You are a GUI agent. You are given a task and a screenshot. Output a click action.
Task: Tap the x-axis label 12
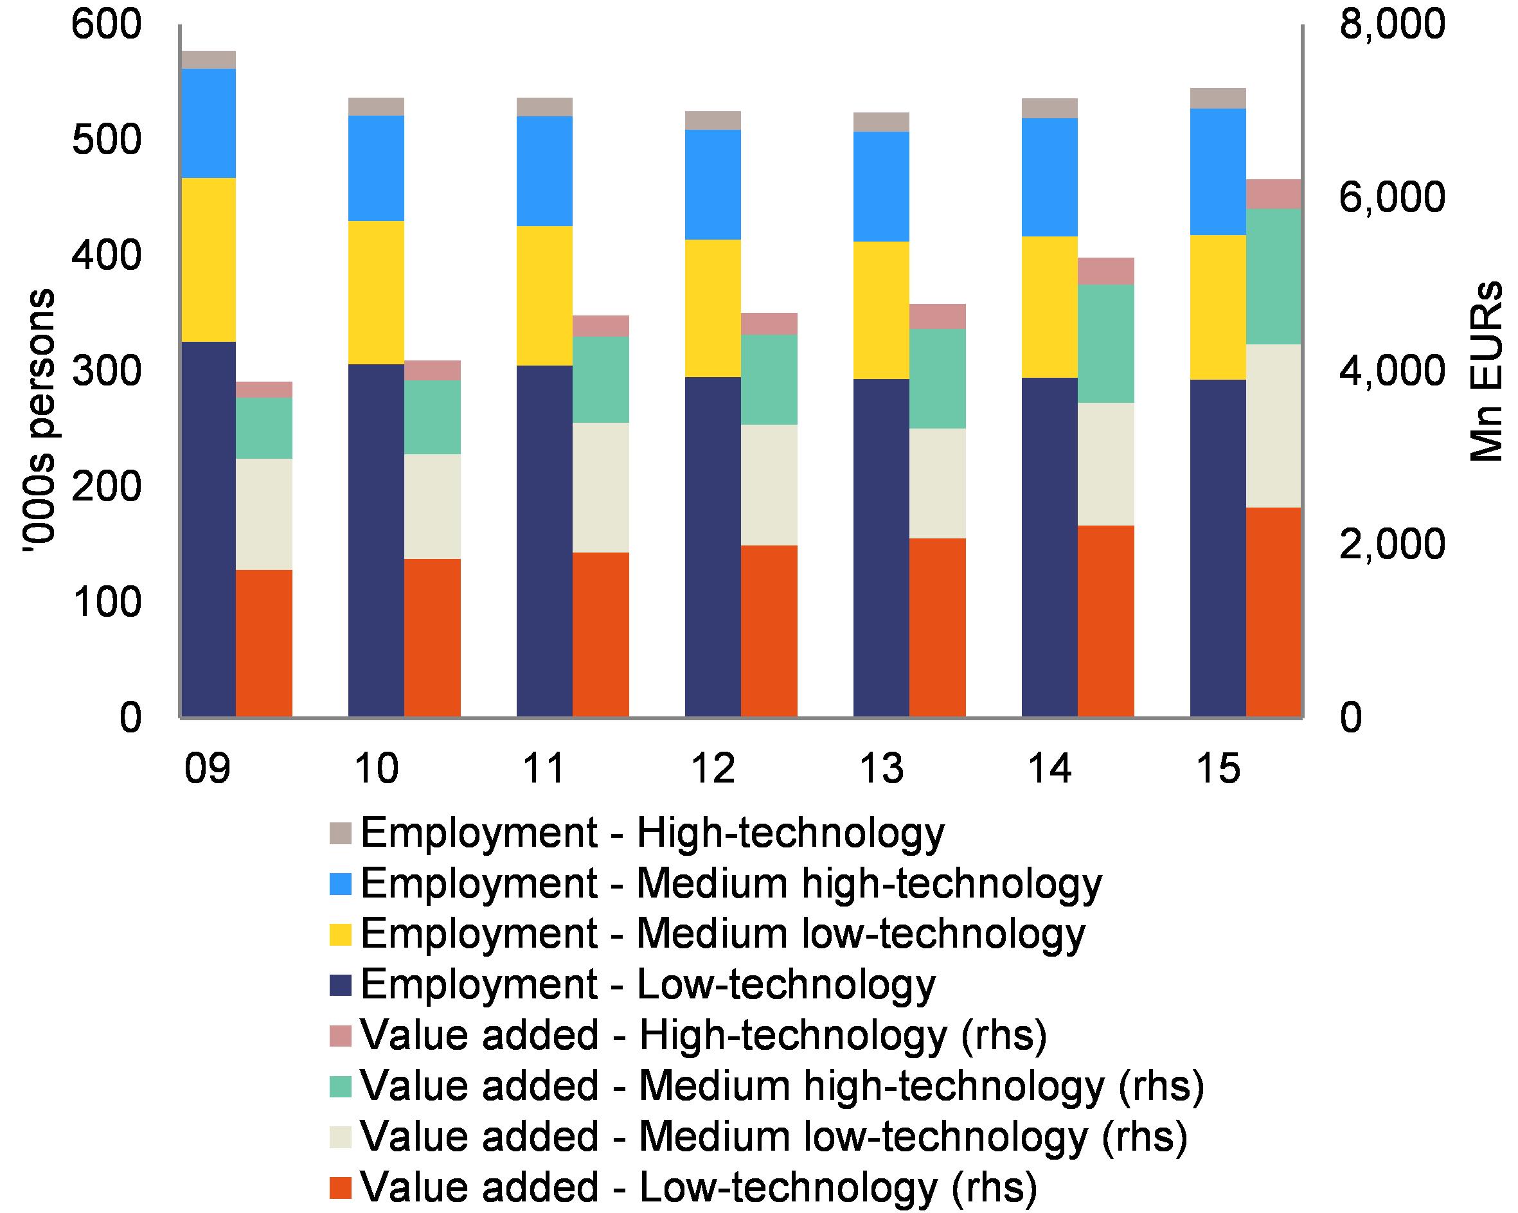coord(713,767)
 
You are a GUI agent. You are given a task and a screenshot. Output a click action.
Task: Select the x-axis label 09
coord(207,767)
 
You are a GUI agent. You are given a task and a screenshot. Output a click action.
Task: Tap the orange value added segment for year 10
coord(432,637)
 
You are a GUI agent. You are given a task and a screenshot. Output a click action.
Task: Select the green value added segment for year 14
coord(1105,344)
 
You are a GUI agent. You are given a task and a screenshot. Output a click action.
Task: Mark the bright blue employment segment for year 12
coord(713,184)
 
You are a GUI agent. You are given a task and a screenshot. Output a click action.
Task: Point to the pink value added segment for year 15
coord(1273,193)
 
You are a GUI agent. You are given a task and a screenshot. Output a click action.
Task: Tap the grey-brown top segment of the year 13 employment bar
coord(881,122)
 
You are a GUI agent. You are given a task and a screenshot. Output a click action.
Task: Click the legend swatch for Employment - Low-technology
coord(340,985)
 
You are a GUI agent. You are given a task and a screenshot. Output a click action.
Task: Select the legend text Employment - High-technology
coord(652,833)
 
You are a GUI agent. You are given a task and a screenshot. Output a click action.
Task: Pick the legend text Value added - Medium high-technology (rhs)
coord(781,1086)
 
